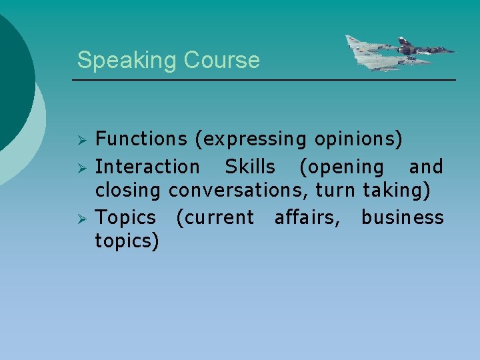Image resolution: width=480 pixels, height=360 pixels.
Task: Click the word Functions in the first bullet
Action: pyautogui.click(x=141, y=139)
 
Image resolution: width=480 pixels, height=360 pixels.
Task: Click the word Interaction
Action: pyautogui.click(x=147, y=166)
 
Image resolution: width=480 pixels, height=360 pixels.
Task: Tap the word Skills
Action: pyautogui.click(x=249, y=166)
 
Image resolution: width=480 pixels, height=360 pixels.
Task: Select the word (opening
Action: pyautogui.click(x=341, y=167)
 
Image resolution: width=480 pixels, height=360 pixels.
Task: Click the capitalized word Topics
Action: pyautogui.click(x=126, y=218)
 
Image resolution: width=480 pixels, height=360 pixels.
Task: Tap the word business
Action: pyautogui.click(x=402, y=217)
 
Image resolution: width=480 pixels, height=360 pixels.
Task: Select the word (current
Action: pyautogui.click(x=215, y=218)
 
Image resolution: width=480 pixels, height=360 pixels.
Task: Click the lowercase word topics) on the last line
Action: pyautogui.click(x=127, y=241)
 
